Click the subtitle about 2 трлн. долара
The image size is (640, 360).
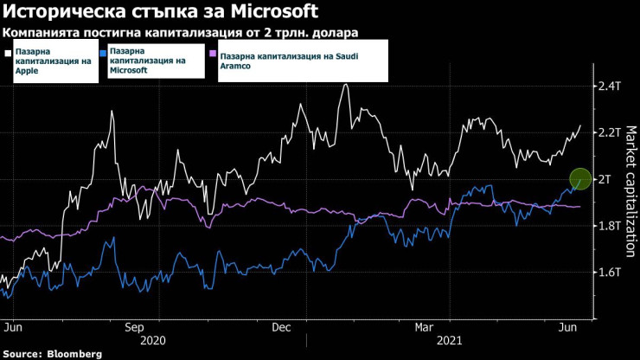pyautogui.click(x=181, y=33)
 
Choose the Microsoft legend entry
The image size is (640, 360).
pyautogui.click(x=151, y=61)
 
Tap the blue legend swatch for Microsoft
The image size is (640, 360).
pyautogui.click(x=104, y=53)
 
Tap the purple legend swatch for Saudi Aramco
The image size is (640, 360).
pyautogui.click(x=214, y=53)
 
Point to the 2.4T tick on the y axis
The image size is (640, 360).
pyautogui.click(x=610, y=86)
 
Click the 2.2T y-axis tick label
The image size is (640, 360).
pyautogui.click(x=610, y=132)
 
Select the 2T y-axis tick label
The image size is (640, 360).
pyautogui.click(x=605, y=179)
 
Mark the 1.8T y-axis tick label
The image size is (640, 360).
pyautogui.click(x=610, y=226)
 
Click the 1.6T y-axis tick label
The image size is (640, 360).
pyautogui.click(x=610, y=273)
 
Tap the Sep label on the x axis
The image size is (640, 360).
pyautogui.click(x=134, y=328)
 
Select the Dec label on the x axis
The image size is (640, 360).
pyautogui.click(x=281, y=328)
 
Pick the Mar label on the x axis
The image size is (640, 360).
pyautogui.click(x=425, y=328)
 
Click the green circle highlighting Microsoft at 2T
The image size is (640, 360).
pyautogui.click(x=580, y=179)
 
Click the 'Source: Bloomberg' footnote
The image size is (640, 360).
pyautogui.click(x=52, y=354)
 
